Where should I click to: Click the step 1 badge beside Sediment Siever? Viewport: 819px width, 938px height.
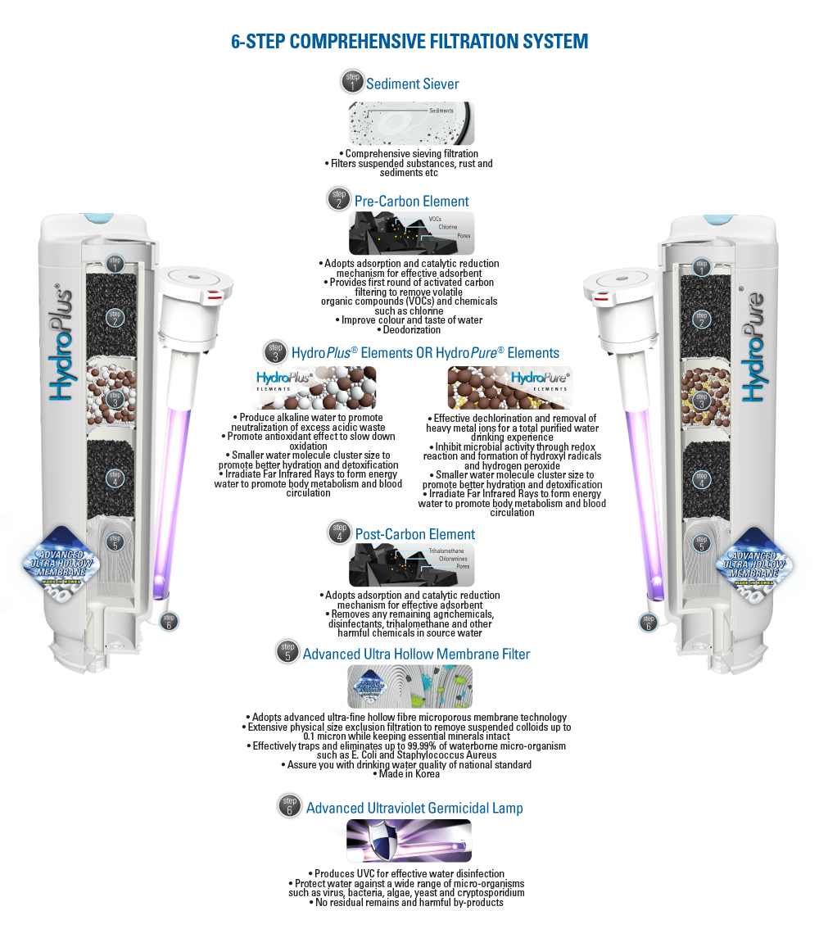point(352,84)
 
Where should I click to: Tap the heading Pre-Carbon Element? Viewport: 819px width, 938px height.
point(412,201)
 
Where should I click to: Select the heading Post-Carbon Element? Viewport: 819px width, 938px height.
point(414,535)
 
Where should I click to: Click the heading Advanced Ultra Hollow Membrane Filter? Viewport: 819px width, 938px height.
point(416,654)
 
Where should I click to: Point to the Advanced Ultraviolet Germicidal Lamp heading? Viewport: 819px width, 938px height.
point(414,809)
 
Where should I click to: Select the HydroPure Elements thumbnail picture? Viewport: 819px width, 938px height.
point(509,387)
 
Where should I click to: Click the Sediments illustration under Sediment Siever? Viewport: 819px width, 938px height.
point(411,124)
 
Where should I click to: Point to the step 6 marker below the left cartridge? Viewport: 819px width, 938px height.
point(168,623)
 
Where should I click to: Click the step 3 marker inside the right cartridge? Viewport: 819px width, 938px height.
point(700,401)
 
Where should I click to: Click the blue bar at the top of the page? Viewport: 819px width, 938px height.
point(409,41)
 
